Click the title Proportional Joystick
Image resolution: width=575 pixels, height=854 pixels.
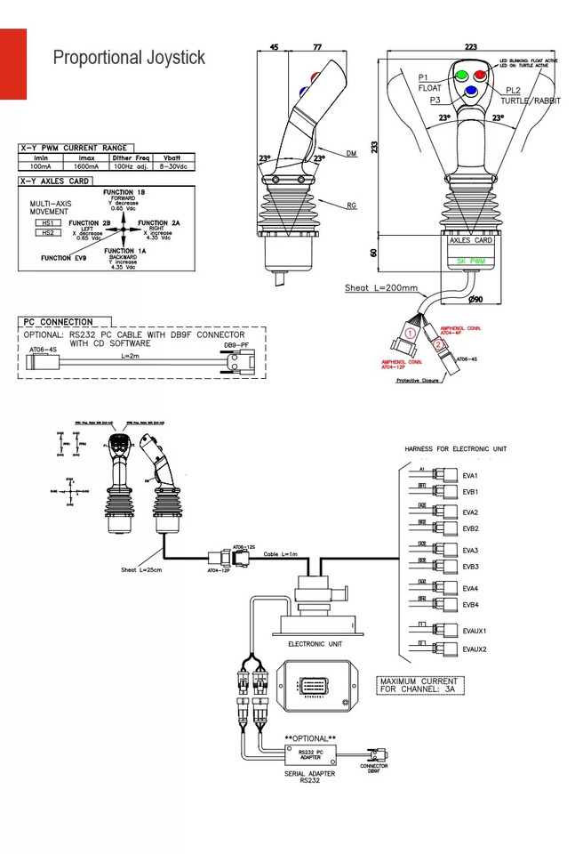(129, 58)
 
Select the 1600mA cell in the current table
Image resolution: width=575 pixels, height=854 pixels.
(86, 166)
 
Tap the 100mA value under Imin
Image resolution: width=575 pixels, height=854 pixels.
(40, 166)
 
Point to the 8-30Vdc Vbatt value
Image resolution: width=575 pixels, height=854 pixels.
(172, 166)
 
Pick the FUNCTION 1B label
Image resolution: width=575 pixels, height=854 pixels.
(124, 192)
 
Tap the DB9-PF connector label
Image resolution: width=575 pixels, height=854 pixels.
(236, 344)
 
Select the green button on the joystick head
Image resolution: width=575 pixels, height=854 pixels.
(461, 73)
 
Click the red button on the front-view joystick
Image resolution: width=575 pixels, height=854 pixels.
(481, 73)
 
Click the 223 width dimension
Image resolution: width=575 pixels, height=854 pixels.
(470, 46)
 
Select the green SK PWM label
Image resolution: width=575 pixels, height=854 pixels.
(470, 262)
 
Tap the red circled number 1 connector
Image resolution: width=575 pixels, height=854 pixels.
(410, 332)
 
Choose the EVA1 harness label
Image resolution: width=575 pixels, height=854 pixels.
(470, 476)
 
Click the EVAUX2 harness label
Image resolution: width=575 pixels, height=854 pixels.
(474, 649)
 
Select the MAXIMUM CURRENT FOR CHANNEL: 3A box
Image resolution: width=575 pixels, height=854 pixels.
(424, 685)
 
